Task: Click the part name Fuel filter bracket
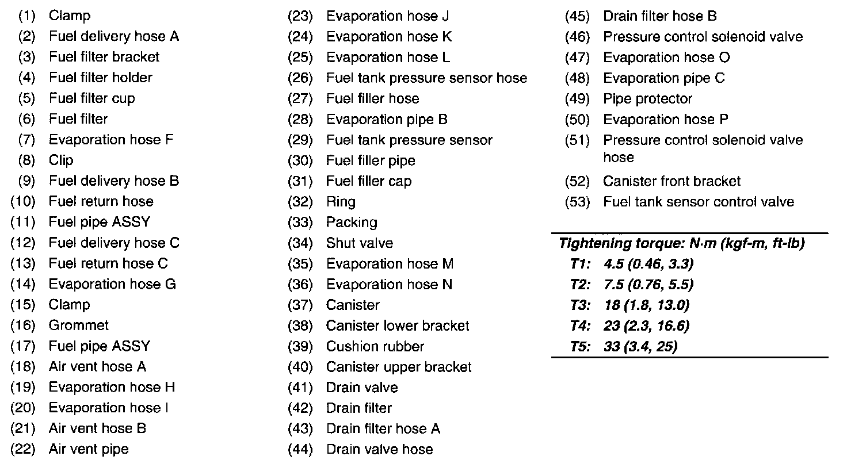(x=104, y=57)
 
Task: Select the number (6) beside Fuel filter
(x=26, y=119)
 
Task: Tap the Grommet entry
(x=79, y=325)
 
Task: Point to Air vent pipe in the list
(x=89, y=449)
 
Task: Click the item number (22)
(x=23, y=449)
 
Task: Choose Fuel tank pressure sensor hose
(x=426, y=78)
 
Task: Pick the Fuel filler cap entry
(x=369, y=181)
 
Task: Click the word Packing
(x=352, y=223)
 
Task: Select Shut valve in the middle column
(x=360, y=243)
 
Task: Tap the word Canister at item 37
(x=353, y=305)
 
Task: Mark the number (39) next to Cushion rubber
(x=300, y=347)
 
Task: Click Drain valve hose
(x=379, y=449)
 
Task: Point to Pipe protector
(x=647, y=99)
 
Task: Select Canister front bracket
(x=672, y=181)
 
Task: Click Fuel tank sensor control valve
(x=699, y=202)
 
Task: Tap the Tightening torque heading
(x=681, y=243)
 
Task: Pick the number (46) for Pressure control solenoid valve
(x=578, y=37)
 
